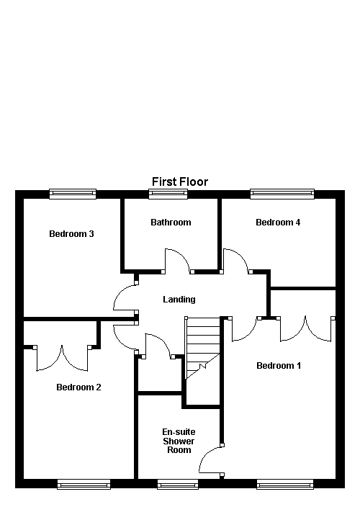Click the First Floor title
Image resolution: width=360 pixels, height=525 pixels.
180,181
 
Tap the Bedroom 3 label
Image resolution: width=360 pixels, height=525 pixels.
72,233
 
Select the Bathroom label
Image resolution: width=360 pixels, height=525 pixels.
171,222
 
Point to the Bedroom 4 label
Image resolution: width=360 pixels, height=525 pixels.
278,222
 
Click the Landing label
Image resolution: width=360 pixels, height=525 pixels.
179,299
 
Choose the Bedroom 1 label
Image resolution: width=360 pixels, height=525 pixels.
279,365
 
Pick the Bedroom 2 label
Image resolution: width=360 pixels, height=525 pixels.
78,387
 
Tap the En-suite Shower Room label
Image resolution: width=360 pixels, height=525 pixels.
179,441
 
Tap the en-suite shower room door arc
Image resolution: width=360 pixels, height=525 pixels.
210,460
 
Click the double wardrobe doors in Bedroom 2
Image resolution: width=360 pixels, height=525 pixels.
63,358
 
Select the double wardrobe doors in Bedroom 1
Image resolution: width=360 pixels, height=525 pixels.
307,328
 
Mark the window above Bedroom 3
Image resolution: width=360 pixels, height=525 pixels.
72,193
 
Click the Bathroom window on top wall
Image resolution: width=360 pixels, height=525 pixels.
168,193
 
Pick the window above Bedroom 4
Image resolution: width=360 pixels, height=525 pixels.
282,193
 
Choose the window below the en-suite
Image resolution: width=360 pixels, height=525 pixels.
178,484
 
